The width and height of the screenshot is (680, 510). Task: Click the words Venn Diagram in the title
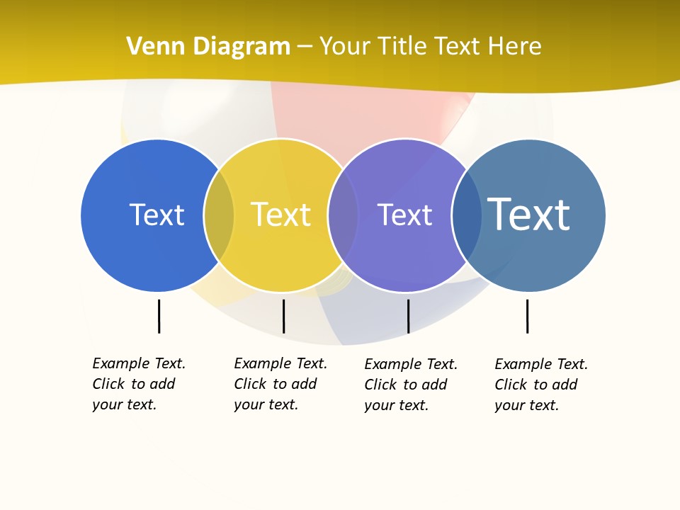[208, 47]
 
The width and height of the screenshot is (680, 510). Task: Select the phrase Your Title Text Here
[430, 47]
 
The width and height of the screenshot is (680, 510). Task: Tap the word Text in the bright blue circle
[157, 215]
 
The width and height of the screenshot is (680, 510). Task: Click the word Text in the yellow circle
[280, 215]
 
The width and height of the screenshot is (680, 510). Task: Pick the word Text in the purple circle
[404, 215]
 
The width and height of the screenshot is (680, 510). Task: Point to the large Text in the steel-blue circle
[528, 214]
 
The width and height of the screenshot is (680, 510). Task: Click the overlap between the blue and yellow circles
[219, 215]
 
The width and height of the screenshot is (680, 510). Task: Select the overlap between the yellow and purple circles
[343, 215]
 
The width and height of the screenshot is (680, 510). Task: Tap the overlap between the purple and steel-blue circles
[467, 215]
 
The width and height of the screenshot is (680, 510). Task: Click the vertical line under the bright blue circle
[159, 316]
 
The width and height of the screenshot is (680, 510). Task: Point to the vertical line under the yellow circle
[283, 316]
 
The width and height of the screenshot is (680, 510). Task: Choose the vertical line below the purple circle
[408, 316]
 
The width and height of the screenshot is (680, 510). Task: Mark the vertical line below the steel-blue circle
[527, 316]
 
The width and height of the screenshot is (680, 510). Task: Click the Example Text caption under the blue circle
[139, 384]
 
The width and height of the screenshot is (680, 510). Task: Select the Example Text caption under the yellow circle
[280, 384]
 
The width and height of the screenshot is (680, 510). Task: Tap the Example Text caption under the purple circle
[411, 385]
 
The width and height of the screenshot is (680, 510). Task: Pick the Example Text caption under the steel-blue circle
[541, 385]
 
